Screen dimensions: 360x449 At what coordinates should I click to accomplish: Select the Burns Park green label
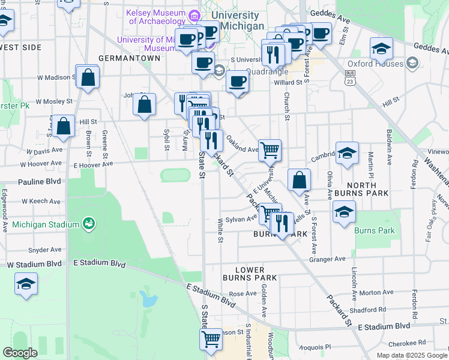click(x=375, y=230)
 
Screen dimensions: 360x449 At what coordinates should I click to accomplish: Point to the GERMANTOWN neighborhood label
click(x=129, y=59)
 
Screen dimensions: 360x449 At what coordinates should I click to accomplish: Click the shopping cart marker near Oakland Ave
click(x=270, y=151)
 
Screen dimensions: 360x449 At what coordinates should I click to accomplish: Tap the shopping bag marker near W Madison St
click(x=88, y=77)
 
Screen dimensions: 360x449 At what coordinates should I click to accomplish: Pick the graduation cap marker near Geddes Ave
click(x=381, y=49)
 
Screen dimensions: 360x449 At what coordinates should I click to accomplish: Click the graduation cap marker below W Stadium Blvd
click(x=26, y=284)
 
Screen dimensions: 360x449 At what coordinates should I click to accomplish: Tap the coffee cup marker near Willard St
click(x=238, y=82)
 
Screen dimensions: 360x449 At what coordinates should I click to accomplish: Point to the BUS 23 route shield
click(x=350, y=76)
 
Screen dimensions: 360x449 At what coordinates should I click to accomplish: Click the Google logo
click(x=20, y=353)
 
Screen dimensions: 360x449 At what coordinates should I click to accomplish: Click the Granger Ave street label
click(x=327, y=259)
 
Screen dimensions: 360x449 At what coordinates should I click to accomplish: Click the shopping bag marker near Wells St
click(x=299, y=180)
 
